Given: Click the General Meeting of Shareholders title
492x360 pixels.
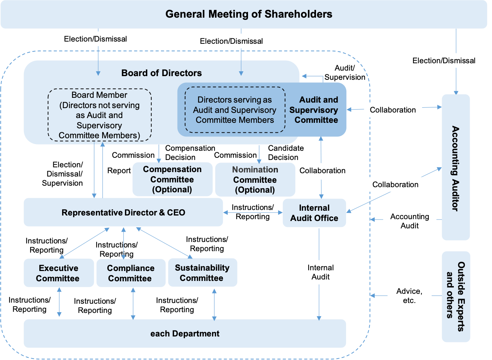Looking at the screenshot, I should click(249, 14).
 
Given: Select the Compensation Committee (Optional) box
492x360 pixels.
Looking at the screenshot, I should click(172, 179).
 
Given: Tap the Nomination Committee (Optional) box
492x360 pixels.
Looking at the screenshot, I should click(255, 180).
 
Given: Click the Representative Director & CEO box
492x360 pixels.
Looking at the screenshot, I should click(123, 213).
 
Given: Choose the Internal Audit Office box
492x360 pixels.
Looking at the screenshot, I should click(314, 213).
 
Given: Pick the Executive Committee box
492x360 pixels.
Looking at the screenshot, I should click(58, 273).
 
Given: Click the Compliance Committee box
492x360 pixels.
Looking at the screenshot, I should click(130, 273).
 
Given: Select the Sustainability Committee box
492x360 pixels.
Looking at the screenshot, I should click(202, 273).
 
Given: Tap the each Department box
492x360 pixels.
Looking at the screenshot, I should click(184, 334).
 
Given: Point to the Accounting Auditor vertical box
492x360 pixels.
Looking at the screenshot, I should click(456, 168).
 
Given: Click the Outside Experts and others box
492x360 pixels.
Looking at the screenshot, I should click(456, 296).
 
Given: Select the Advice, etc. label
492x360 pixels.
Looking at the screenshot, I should click(409, 296).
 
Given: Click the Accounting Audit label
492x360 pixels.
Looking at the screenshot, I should click(409, 221).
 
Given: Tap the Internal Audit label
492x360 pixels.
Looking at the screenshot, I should click(320, 272).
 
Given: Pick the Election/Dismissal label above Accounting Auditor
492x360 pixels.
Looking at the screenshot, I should click(444, 61).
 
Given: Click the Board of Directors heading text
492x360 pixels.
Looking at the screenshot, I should click(161, 73).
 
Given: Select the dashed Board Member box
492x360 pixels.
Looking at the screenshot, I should click(100, 115).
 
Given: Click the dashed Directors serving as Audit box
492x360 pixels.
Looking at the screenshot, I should click(235, 110).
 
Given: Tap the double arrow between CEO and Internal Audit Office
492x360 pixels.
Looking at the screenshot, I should click(252, 213).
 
